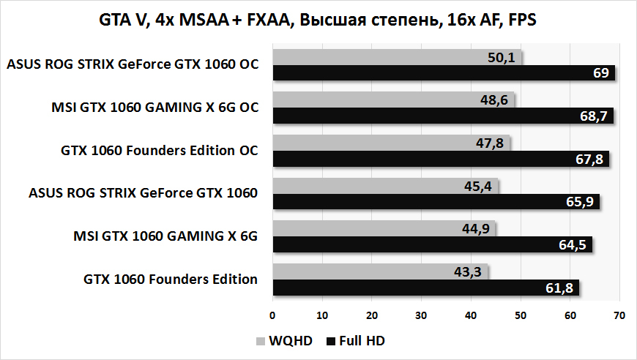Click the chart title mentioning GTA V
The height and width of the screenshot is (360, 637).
coord(318,20)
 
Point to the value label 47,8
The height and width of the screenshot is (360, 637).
coord(489,143)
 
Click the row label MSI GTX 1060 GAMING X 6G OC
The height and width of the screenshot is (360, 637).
coord(154,108)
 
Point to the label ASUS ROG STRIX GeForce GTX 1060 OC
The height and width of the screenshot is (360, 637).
coord(133,65)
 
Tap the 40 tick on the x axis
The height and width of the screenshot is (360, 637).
coord(471,315)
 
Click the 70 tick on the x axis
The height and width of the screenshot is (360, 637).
coord(619,315)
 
